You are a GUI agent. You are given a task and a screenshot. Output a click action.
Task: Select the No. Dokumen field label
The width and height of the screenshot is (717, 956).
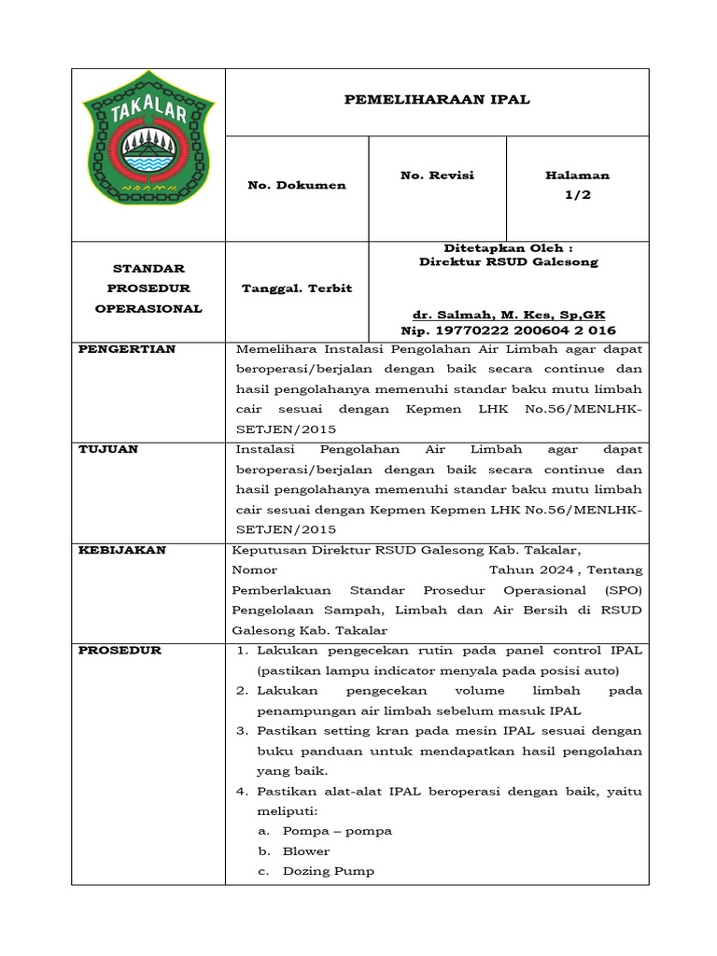click(x=296, y=185)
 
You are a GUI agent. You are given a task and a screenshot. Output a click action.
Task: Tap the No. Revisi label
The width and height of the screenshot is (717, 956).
click(x=437, y=176)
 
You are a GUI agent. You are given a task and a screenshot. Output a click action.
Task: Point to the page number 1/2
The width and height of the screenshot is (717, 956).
click(x=577, y=195)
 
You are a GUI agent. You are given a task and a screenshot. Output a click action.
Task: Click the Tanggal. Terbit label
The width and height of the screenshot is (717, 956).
click(x=296, y=288)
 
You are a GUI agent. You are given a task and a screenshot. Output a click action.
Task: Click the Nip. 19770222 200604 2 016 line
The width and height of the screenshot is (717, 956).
click(x=508, y=330)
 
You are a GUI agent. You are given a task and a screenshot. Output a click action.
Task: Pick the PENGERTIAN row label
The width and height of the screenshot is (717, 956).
click(x=126, y=349)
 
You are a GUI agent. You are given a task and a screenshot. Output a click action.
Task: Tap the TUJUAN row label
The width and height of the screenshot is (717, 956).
click(x=107, y=449)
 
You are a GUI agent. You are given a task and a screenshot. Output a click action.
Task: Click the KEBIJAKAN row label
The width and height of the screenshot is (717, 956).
click(x=121, y=550)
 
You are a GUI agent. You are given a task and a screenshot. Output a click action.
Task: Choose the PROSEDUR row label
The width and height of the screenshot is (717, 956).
click(x=119, y=650)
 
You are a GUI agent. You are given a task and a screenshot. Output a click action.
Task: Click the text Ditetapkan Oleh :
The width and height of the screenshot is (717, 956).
click(x=509, y=247)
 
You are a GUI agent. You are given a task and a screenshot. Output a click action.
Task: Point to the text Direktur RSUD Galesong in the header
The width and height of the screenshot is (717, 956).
click(x=509, y=262)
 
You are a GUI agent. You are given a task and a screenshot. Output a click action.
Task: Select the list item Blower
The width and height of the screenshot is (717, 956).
click(x=306, y=851)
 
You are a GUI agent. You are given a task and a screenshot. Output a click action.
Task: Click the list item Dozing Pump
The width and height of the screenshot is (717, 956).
click(x=329, y=871)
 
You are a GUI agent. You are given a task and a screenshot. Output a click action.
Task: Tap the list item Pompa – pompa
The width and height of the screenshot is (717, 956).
click(x=337, y=831)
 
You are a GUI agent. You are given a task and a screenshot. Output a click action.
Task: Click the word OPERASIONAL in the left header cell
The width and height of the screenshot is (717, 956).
click(x=148, y=308)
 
